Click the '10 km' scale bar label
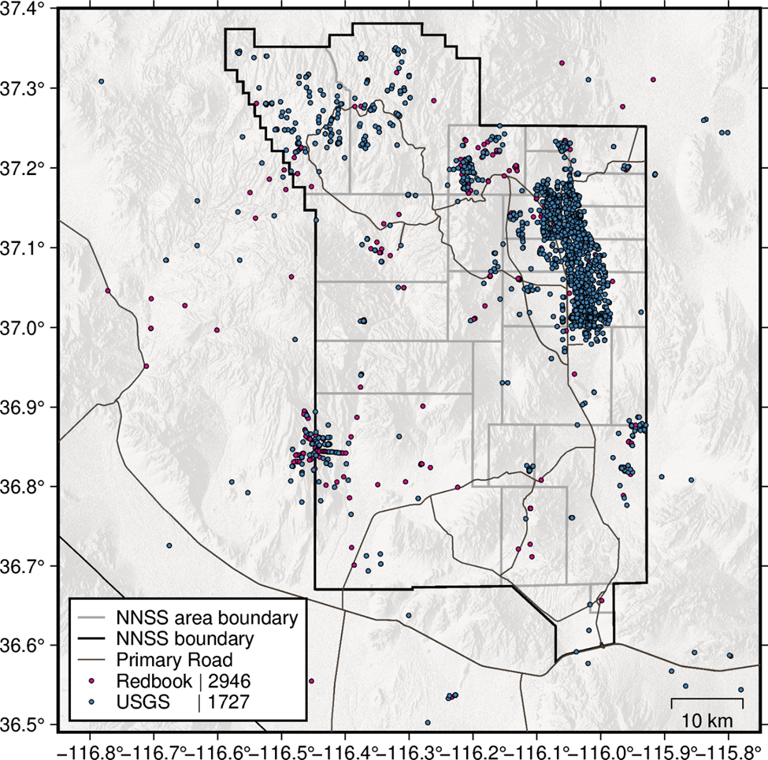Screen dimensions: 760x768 pos(707,720)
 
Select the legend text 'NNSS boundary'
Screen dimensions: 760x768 pos(184,637)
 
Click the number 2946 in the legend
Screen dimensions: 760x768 pos(229,680)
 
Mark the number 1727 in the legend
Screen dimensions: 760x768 pos(228,701)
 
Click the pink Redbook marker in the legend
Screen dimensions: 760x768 pos(92,680)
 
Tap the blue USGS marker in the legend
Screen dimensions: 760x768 pos(92,701)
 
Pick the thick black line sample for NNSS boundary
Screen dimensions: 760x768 pos(92,637)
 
